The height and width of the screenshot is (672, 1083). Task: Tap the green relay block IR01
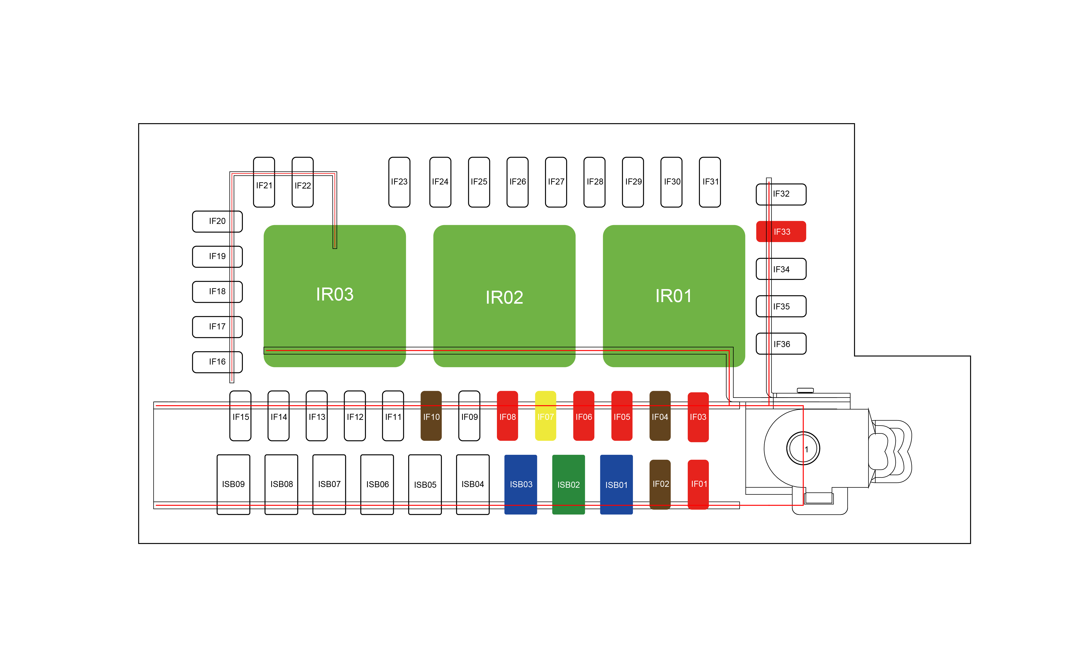pos(673,296)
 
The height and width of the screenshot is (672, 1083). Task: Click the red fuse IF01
pos(698,484)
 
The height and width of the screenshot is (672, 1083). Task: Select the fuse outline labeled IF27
pos(556,182)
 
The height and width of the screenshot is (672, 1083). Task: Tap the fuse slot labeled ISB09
pos(233,484)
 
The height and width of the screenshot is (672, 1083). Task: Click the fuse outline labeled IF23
pos(399,182)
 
